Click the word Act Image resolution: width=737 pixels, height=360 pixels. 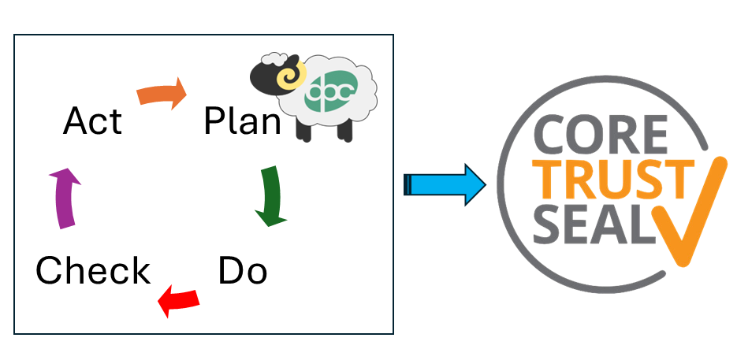(x=93, y=121)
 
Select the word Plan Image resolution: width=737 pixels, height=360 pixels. (x=241, y=121)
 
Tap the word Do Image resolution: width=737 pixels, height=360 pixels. (x=242, y=272)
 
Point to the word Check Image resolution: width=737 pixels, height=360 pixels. (x=93, y=272)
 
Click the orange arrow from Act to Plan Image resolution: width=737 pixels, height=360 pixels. (x=162, y=92)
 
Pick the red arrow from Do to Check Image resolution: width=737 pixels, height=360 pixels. (x=179, y=300)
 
